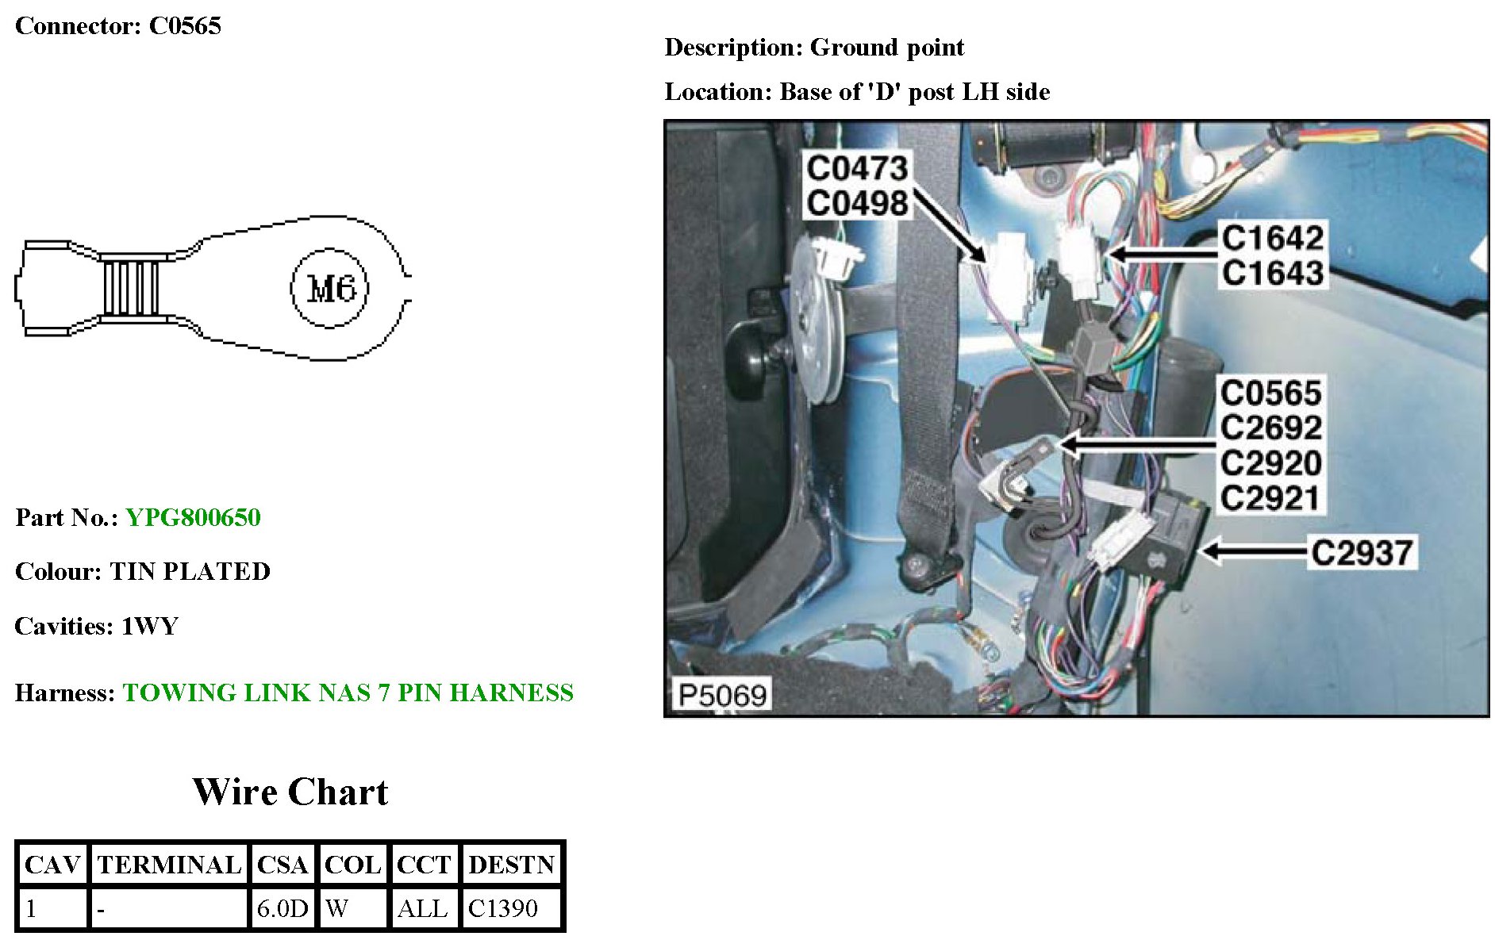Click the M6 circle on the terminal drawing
pyautogui.click(x=329, y=288)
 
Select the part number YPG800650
pyautogui.click(x=193, y=518)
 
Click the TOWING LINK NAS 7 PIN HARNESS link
pyautogui.click(x=348, y=693)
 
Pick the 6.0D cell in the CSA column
pyautogui.click(x=282, y=908)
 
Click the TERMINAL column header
pyautogui.click(x=169, y=865)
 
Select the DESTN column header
pyautogui.click(x=511, y=865)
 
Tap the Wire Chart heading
pyautogui.click(x=290, y=792)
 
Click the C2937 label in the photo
pyautogui.click(x=1362, y=553)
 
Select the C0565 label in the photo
pyautogui.click(x=1270, y=393)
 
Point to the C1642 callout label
pyautogui.click(x=1272, y=238)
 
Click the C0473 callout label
pyautogui.click(x=857, y=168)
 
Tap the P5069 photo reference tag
pyautogui.click(x=722, y=696)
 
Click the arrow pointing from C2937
pyautogui.click(x=1254, y=551)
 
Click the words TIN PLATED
pyautogui.click(x=190, y=572)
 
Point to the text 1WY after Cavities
pyautogui.click(x=149, y=627)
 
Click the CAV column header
pyautogui.click(x=52, y=865)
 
